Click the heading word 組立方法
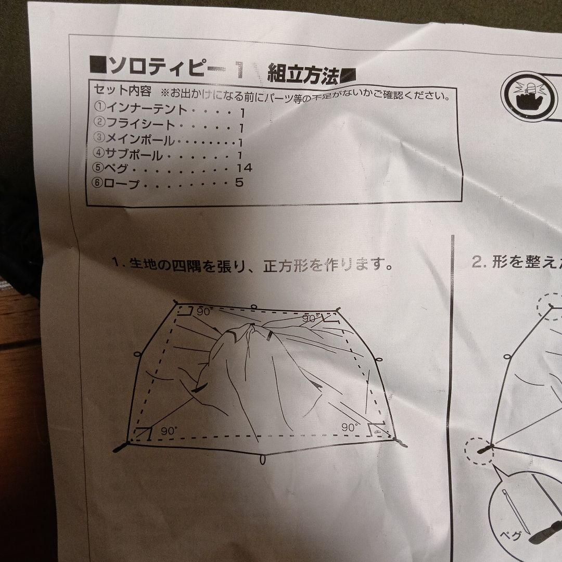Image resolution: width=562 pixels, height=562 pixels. [303, 74]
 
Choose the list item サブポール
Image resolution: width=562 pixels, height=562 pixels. [135, 154]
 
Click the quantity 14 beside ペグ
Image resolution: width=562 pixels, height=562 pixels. [243, 168]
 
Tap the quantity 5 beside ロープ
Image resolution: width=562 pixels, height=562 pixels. [239, 183]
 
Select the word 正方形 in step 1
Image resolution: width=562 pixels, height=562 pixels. [285, 267]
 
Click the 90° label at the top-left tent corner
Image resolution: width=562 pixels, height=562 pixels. [203, 312]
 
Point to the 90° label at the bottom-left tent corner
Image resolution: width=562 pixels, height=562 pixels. [169, 431]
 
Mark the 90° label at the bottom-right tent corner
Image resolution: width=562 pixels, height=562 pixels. [350, 427]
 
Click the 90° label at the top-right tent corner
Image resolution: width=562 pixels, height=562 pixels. [311, 318]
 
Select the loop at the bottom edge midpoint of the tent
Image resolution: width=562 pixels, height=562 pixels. [263, 460]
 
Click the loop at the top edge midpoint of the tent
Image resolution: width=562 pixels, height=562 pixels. [253, 307]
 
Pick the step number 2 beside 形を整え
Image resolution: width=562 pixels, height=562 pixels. [476, 262]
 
